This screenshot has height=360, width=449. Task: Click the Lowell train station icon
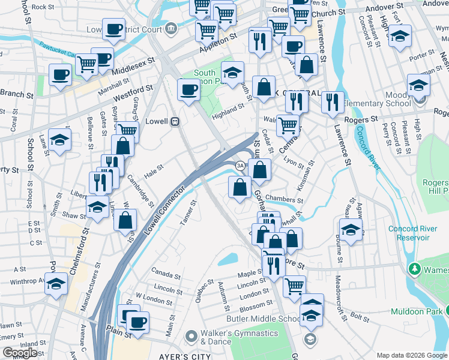click(175, 121)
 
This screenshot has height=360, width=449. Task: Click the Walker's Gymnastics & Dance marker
click(191, 336)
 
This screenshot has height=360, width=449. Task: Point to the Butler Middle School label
click(263, 319)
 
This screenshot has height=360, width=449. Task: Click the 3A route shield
click(240, 165)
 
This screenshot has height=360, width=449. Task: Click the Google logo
click(20, 353)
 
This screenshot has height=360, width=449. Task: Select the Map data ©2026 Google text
click(411, 355)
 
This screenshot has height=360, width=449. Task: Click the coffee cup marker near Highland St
click(188, 91)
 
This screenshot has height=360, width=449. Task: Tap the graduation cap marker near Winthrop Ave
click(56, 283)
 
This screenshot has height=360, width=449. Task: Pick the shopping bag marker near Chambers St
click(240, 187)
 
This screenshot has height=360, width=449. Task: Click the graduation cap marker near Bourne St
click(351, 229)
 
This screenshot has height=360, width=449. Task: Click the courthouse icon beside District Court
click(172, 28)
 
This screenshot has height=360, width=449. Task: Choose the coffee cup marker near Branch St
click(61, 76)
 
